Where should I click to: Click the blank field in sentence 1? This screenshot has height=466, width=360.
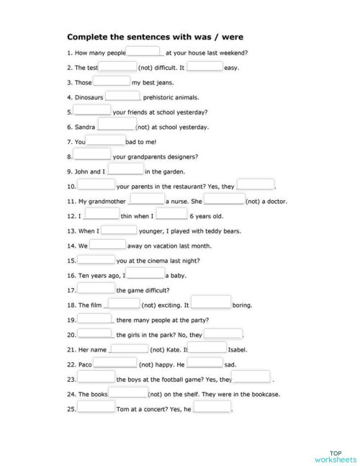point(145,51)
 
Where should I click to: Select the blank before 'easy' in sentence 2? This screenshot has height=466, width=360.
point(205,66)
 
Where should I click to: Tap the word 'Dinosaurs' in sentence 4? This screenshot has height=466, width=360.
point(90,97)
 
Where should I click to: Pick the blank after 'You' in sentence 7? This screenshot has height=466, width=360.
point(105,141)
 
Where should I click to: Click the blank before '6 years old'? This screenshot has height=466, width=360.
point(171,215)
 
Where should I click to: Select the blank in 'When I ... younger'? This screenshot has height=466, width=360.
point(120,230)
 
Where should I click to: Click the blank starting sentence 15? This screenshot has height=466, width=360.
point(96,260)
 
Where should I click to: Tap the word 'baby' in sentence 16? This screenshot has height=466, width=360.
point(176,276)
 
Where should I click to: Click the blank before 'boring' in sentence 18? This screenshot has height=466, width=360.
point(211,303)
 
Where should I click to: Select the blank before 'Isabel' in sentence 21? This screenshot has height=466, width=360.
point(207,349)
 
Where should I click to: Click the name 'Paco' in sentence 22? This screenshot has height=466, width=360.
point(84,364)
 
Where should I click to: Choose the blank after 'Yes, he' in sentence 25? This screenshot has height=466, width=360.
point(212,408)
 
